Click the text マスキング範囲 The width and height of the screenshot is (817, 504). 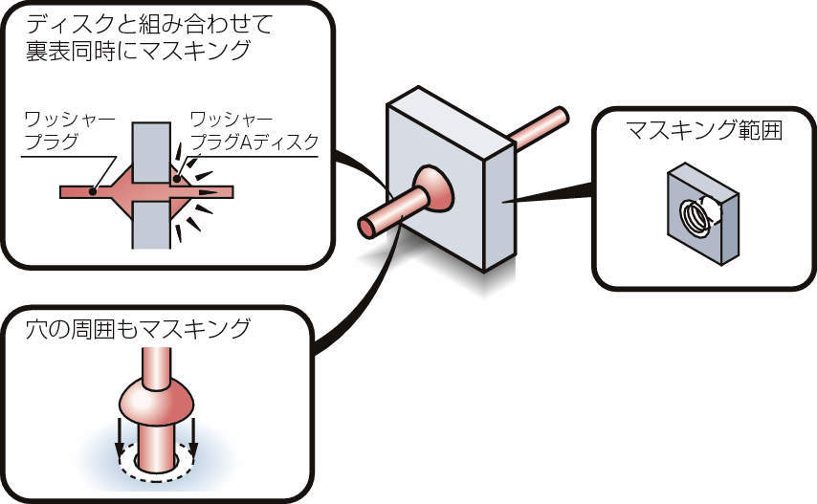click(x=703, y=130)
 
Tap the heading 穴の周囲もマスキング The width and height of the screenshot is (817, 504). click(x=139, y=329)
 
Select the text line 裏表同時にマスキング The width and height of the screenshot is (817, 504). click(x=139, y=51)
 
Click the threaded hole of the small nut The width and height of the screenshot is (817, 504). click(x=695, y=218)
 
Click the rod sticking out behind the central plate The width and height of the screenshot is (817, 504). click(x=541, y=126)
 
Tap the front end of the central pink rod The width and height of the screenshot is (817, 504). click(x=367, y=227)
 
